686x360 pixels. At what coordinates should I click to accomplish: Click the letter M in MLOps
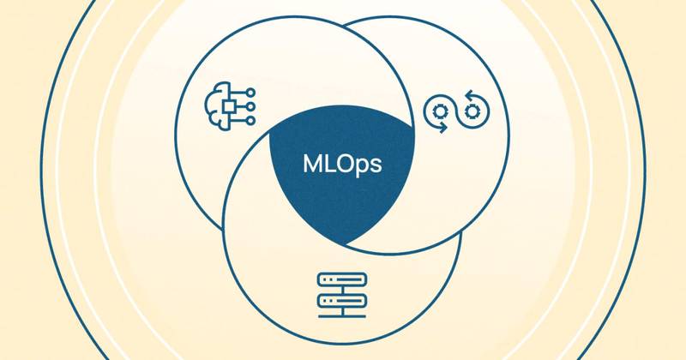(312, 164)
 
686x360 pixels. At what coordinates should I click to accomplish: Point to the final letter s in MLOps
(376, 165)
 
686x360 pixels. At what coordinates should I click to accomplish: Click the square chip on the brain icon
(230, 106)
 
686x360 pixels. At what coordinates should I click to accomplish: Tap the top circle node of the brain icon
(250, 93)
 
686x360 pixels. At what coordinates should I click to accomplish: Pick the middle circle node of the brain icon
(250, 106)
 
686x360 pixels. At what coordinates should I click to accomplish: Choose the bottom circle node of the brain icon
(250, 120)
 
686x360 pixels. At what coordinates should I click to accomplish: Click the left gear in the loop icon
(440, 111)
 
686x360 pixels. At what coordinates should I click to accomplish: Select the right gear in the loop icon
(472, 111)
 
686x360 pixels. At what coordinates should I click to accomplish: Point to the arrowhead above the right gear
(468, 94)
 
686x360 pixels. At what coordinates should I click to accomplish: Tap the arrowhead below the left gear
(442, 129)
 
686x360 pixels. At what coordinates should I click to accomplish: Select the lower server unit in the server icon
(342, 301)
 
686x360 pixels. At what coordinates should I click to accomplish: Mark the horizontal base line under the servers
(342, 315)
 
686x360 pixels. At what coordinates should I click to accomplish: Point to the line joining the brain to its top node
(239, 93)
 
